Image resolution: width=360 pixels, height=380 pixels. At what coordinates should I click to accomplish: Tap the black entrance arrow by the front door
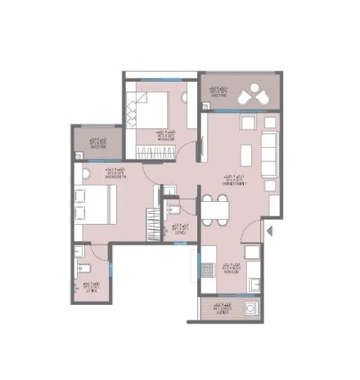pos(268,234)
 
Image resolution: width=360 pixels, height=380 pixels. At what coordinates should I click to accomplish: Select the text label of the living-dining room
pos(235,180)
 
